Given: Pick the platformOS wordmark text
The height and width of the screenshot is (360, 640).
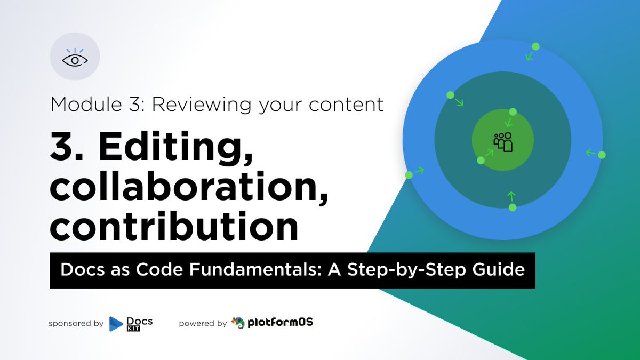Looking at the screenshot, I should [x=281, y=323].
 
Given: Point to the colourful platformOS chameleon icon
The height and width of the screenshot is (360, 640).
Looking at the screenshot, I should [x=238, y=323].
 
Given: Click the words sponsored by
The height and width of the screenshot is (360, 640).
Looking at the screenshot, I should [x=76, y=324].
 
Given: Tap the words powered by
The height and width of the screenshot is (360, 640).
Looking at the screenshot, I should [x=203, y=324].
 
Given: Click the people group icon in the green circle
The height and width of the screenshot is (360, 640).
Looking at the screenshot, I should [x=503, y=142].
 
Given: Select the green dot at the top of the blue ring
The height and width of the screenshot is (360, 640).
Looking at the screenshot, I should [x=535, y=47].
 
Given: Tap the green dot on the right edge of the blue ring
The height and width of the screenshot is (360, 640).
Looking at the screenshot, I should [x=602, y=155].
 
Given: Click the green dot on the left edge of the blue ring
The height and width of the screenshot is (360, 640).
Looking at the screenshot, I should [x=409, y=175].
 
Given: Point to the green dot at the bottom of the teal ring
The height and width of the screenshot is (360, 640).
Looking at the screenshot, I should [x=513, y=207].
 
